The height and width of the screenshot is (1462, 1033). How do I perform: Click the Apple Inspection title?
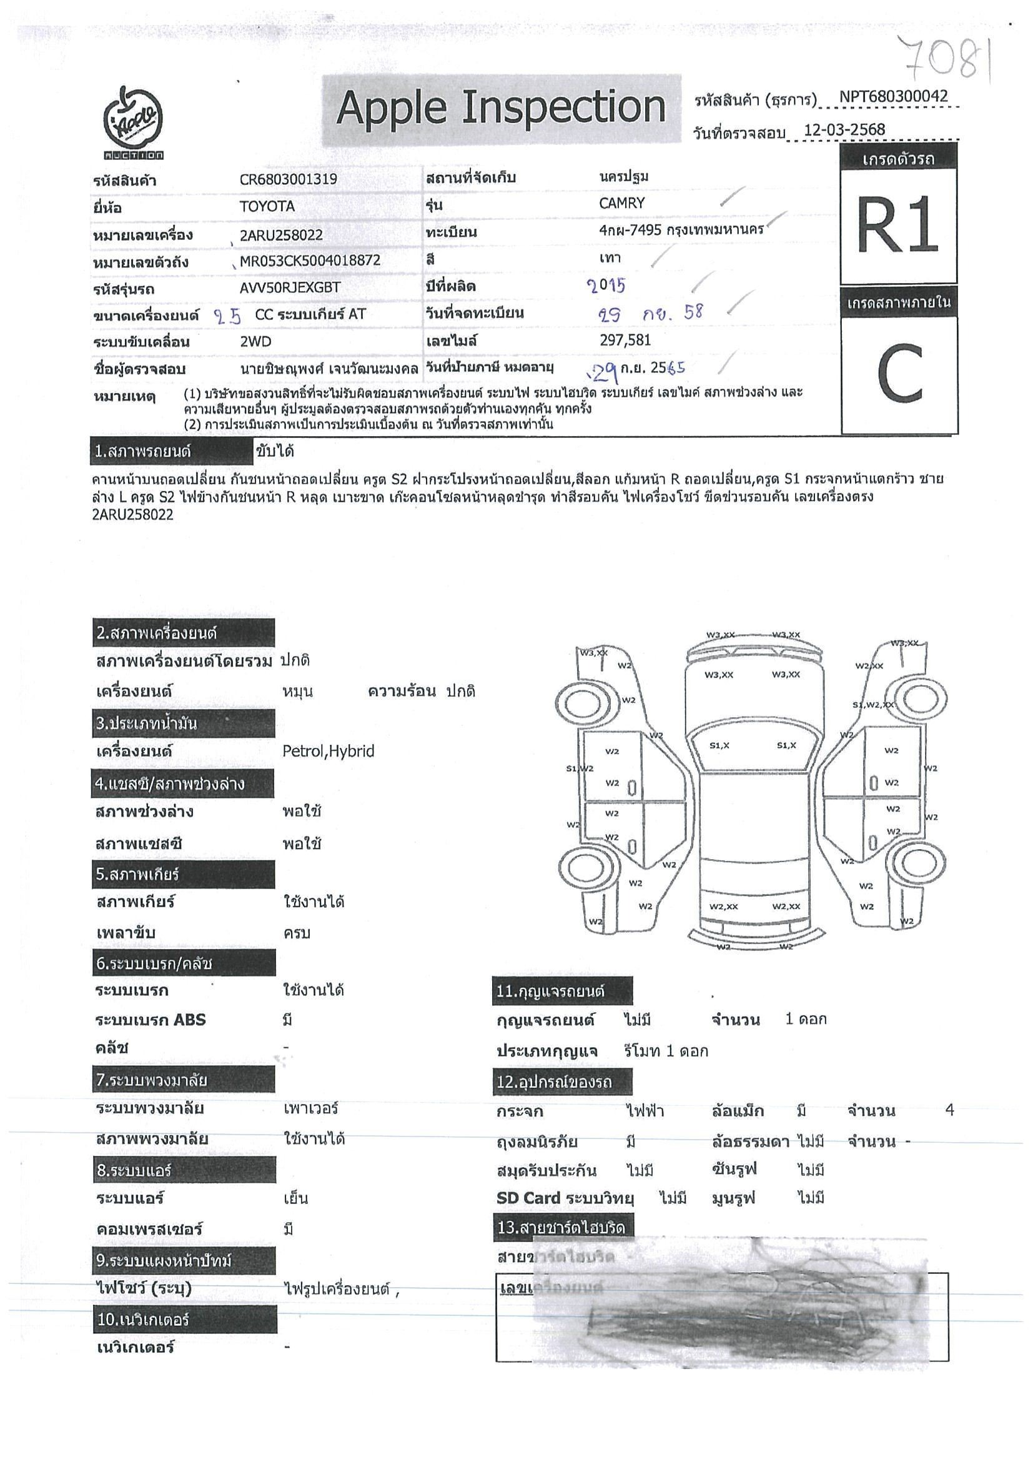(501, 107)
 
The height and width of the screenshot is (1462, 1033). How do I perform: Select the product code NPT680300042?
(893, 97)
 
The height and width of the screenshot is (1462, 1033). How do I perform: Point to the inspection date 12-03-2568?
(844, 130)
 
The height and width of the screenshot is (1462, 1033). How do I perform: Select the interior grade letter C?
(899, 374)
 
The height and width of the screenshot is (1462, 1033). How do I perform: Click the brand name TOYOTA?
(267, 207)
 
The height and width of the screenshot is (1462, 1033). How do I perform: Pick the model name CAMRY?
(622, 204)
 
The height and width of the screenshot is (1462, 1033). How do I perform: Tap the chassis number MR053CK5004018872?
(310, 261)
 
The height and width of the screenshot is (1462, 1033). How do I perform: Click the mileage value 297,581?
(625, 341)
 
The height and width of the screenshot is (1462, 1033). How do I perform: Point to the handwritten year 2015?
(606, 286)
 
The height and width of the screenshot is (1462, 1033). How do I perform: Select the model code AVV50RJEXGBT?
(290, 288)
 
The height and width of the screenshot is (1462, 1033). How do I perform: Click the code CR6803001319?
(289, 179)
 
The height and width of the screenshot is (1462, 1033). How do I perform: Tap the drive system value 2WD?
(255, 342)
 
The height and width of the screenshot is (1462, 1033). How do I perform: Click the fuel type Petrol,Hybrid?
(328, 752)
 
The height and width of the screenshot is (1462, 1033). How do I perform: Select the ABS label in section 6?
(189, 1020)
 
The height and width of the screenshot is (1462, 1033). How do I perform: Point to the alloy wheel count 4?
(949, 1110)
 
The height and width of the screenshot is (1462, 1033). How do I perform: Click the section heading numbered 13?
(563, 1227)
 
